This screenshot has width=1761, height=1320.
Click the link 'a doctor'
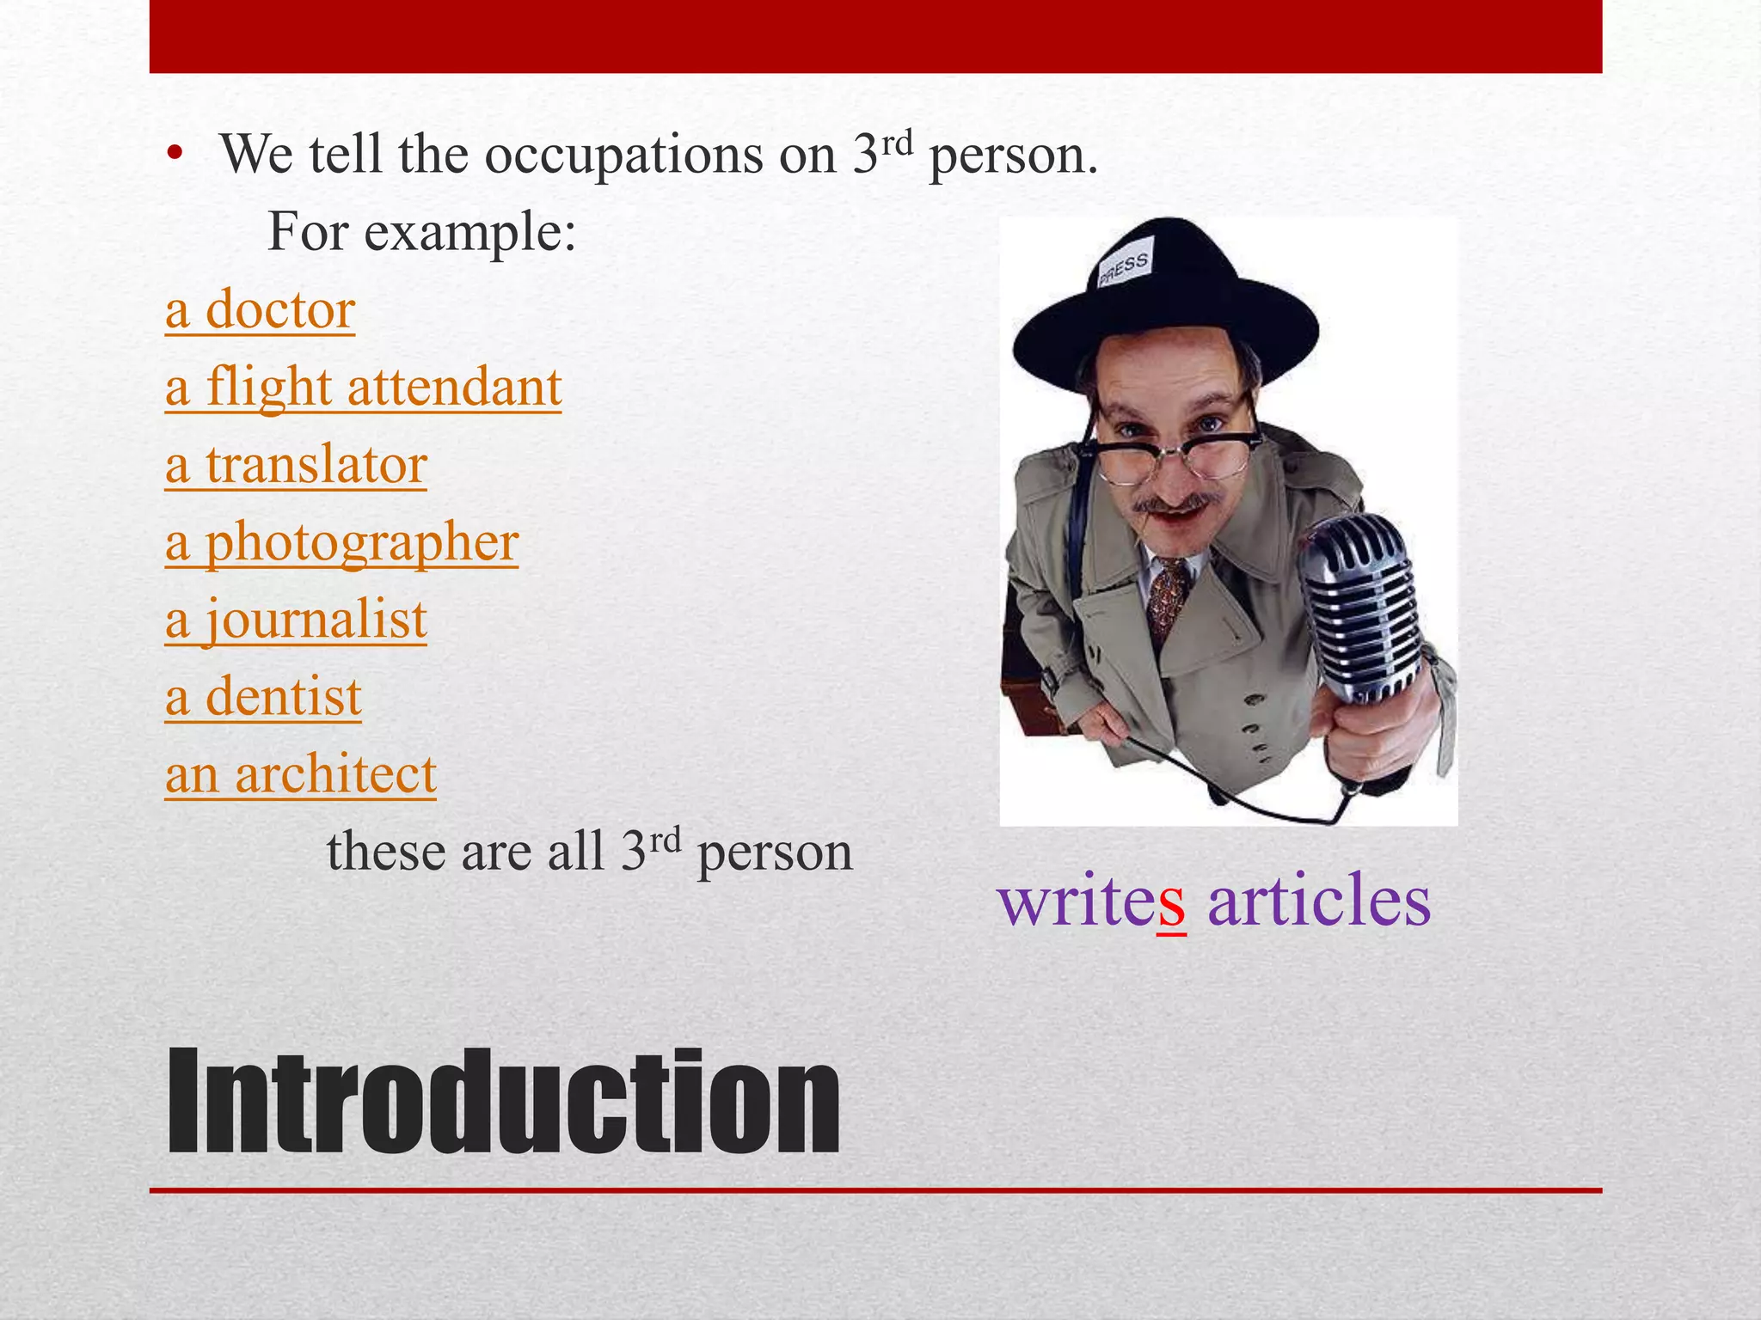(x=260, y=310)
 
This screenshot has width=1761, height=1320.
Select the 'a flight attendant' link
(x=363, y=388)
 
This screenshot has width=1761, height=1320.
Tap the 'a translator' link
(x=296, y=465)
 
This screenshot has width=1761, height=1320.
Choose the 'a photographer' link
(x=341, y=543)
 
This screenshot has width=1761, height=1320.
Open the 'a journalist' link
(x=296, y=620)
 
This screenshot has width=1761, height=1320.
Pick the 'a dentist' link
(x=263, y=697)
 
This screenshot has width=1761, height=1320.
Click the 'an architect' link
(x=300, y=774)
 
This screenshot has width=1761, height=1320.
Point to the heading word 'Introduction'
(x=503, y=1102)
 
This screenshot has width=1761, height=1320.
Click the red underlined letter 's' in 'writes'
(x=1171, y=901)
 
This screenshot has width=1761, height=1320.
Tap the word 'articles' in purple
(x=1319, y=900)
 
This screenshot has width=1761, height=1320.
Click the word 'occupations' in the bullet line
(x=623, y=156)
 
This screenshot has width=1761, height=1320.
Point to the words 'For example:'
(x=421, y=232)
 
